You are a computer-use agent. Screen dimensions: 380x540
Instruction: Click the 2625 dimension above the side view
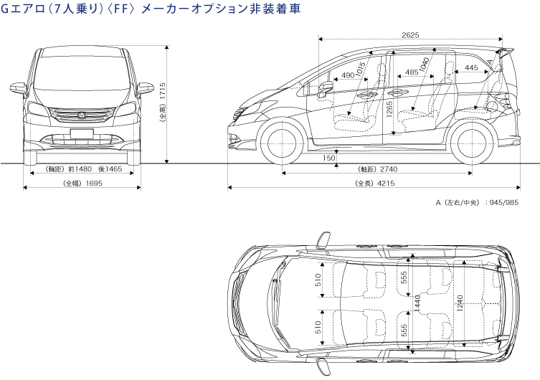[410, 34]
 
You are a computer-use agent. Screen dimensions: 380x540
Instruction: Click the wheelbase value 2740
[389, 169]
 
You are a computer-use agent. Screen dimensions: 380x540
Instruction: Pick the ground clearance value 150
[328, 158]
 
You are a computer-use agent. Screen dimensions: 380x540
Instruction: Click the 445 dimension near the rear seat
[471, 67]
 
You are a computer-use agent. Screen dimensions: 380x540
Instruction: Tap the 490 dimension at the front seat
[348, 75]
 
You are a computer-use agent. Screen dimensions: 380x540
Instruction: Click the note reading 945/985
[502, 204]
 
